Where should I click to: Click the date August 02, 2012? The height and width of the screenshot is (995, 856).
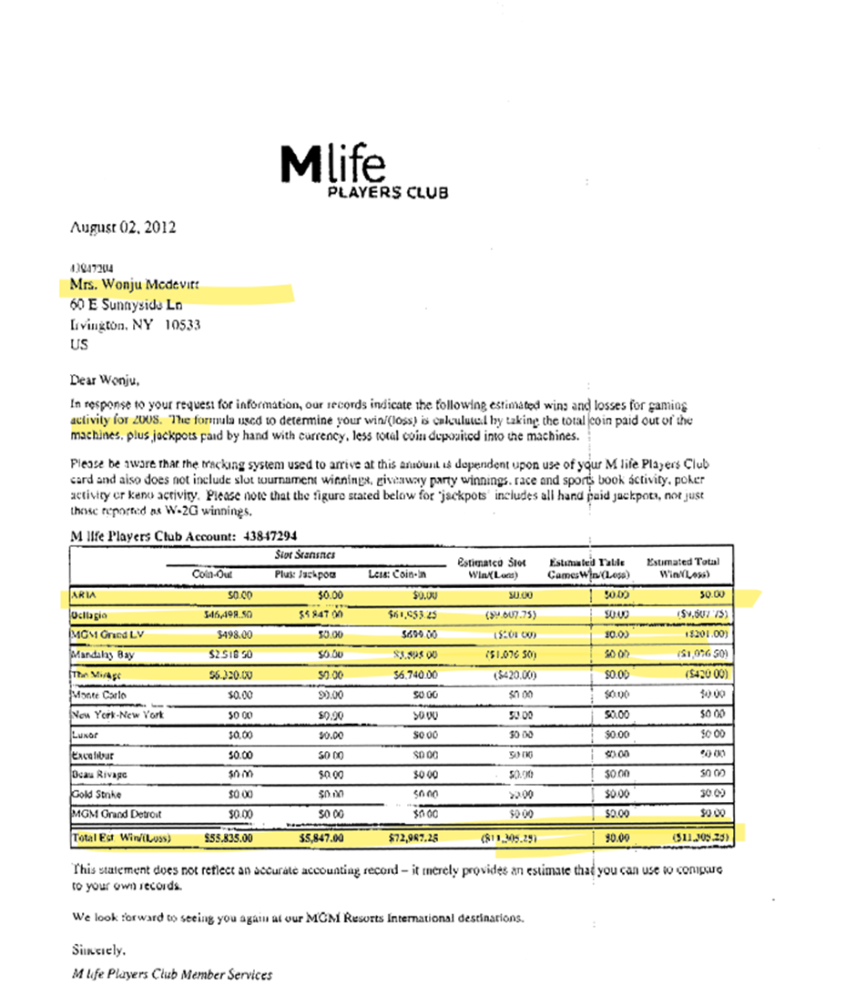(x=123, y=228)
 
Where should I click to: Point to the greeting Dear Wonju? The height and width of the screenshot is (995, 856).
(x=107, y=380)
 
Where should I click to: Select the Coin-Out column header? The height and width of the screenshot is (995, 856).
(x=212, y=574)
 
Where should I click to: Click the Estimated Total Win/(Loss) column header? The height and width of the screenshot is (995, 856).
(x=683, y=568)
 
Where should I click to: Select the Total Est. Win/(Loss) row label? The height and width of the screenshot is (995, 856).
(x=120, y=837)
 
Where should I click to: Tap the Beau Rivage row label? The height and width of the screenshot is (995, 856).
(x=99, y=774)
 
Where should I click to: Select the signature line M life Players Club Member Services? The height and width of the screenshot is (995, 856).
(x=171, y=974)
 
